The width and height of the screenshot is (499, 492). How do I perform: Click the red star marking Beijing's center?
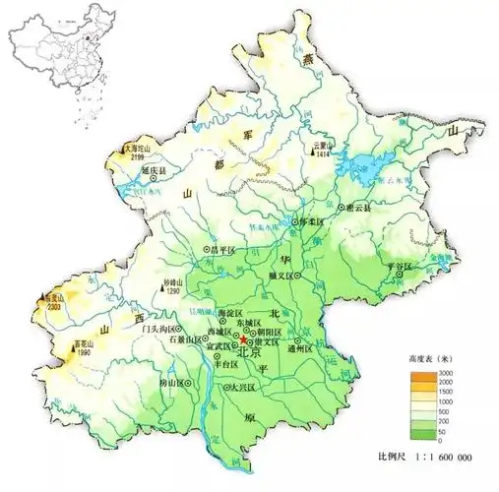(244, 340)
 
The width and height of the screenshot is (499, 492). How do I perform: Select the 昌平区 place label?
(228, 251)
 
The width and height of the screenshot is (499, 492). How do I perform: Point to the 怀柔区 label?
(311, 223)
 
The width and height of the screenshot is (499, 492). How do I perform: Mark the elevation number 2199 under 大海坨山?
(136, 157)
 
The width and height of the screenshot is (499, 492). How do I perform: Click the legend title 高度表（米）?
(424, 361)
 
